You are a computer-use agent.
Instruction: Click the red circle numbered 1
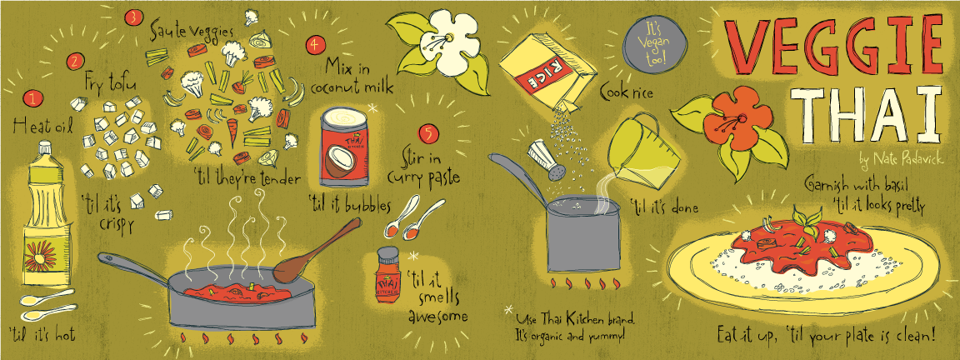click(x=32, y=98)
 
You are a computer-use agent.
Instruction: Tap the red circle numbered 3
click(x=132, y=18)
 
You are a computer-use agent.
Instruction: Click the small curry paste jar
click(x=388, y=276)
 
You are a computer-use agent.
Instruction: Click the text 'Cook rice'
click(x=626, y=93)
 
